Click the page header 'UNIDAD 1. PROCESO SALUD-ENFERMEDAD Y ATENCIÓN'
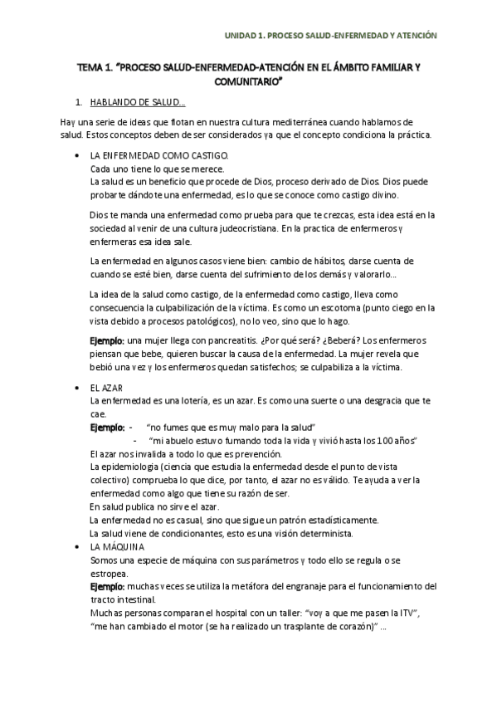[x=332, y=36]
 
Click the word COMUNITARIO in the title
[x=248, y=83]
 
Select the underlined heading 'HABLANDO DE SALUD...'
[x=137, y=103]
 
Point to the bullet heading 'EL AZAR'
[x=105, y=389]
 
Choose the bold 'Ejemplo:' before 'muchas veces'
[x=107, y=586]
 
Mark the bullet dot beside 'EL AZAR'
[x=76, y=389]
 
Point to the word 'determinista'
[x=325, y=532]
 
